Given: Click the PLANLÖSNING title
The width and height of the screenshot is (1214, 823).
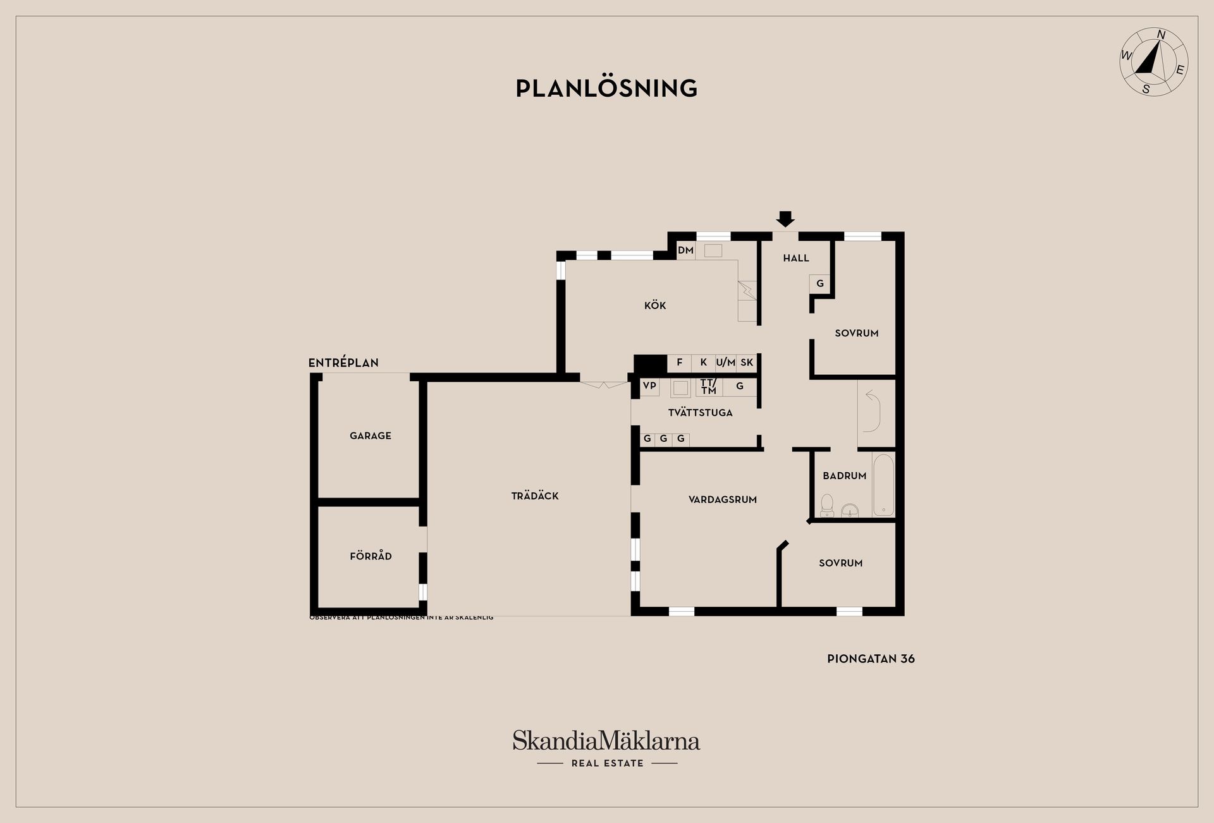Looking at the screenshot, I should pyautogui.click(x=606, y=88).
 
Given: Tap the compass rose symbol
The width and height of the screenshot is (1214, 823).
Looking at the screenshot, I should pyautogui.click(x=1153, y=62).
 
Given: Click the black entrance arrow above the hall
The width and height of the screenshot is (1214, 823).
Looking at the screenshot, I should pyautogui.click(x=785, y=219).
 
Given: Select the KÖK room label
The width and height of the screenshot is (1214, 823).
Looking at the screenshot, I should pyautogui.click(x=655, y=306).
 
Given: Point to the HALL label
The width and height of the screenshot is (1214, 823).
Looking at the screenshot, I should pyautogui.click(x=796, y=258).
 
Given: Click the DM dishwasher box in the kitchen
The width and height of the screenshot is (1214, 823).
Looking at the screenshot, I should pyautogui.click(x=686, y=250).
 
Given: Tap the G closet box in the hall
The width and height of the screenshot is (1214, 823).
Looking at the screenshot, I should pyautogui.click(x=820, y=283).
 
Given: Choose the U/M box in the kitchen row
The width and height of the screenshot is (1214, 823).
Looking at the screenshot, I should pyautogui.click(x=726, y=363).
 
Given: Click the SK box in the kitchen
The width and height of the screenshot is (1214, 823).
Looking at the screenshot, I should pyautogui.click(x=747, y=363).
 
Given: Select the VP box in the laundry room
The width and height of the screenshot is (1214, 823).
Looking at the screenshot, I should pyautogui.click(x=649, y=386).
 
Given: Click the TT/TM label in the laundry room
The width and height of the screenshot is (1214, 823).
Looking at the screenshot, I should pyautogui.click(x=709, y=387).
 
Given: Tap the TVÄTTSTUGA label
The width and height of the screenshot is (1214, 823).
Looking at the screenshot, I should pyautogui.click(x=700, y=413).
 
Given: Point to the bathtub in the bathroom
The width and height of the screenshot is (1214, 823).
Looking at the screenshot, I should pyautogui.click(x=883, y=485).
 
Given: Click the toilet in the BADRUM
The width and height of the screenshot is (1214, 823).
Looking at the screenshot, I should pyautogui.click(x=827, y=506).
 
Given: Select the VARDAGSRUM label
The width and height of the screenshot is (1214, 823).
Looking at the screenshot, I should pyautogui.click(x=723, y=499).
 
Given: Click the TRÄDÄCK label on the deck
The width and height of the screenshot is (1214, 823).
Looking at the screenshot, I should pyautogui.click(x=535, y=496).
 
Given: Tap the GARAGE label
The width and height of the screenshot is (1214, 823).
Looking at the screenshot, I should pyautogui.click(x=371, y=436).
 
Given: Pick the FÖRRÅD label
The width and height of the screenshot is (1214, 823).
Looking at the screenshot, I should pyautogui.click(x=371, y=556).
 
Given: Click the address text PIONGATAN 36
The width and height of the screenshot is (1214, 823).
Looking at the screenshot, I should pyautogui.click(x=871, y=659).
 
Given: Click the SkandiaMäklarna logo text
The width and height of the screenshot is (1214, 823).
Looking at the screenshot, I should pyautogui.click(x=606, y=741).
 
